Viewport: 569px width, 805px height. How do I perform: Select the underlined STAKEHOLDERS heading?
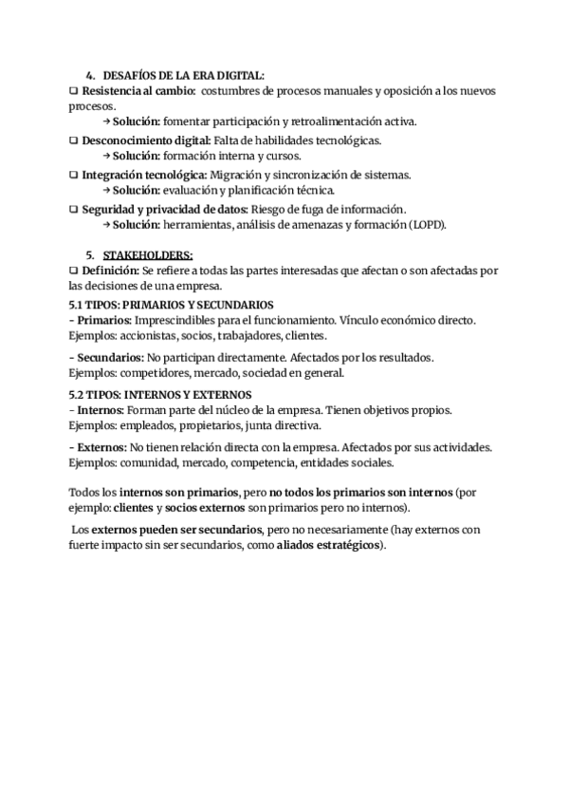[147, 254]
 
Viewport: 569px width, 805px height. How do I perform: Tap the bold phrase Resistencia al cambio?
[137, 90]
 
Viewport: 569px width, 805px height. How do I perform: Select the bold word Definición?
[109, 271]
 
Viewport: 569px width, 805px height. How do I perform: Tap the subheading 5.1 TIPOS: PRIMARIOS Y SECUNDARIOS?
[172, 305]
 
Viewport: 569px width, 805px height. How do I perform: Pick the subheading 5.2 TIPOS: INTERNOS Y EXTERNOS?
[160, 393]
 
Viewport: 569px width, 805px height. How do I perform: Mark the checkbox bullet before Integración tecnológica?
[74, 175]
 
